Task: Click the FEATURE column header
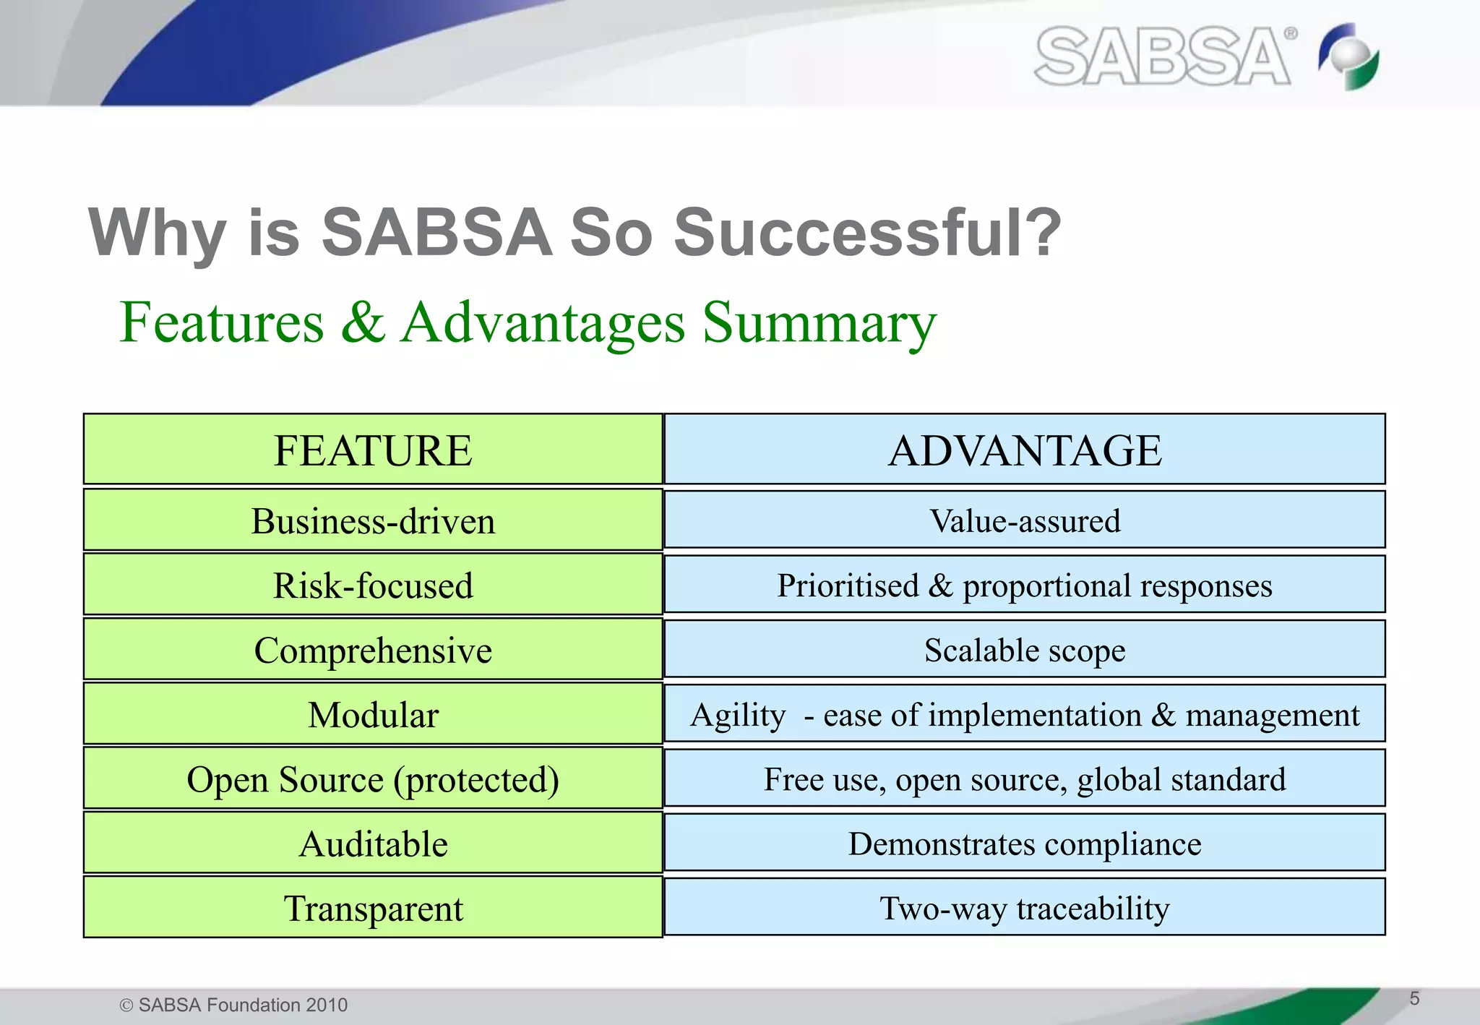(x=373, y=450)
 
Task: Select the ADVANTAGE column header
(x=1024, y=450)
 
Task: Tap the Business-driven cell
(x=373, y=520)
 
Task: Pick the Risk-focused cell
(x=373, y=585)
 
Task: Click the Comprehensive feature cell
(x=373, y=649)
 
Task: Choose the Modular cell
(x=373, y=714)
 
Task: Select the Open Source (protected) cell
(x=373, y=779)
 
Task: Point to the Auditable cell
(x=373, y=843)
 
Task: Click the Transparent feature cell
(x=373, y=907)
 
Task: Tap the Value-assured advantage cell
(x=1024, y=520)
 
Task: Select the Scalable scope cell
(x=1024, y=649)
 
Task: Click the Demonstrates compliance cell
(x=1024, y=843)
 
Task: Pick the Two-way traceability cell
(x=1024, y=907)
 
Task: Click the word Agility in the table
(x=738, y=716)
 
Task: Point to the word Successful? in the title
(x=867, y=233)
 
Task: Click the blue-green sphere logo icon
(x=1348, y=56)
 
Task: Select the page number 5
(x=1414, y=998)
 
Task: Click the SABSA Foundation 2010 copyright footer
(x=233, y=1005)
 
